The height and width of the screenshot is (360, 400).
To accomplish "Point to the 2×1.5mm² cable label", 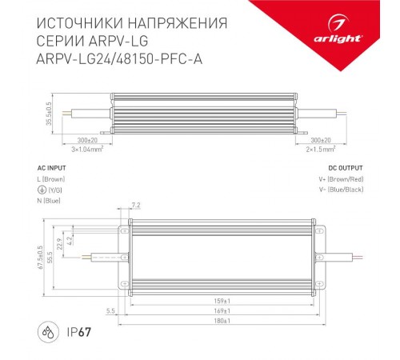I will pyautogui.click(x=320, y=149).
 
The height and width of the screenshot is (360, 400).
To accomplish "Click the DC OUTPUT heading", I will pyautogui.click(x=346, y=168).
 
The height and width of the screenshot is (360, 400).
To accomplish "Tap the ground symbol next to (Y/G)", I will pyautogui.click(x=42, y=190).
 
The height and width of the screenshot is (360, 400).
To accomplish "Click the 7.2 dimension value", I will pyautogui.click(x=135, y=206).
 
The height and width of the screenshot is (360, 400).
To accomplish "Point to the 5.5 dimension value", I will pyautogui.click(x=110, y=310).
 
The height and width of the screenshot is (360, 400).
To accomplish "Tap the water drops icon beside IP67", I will pyautogui.click(x=46, y=330).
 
